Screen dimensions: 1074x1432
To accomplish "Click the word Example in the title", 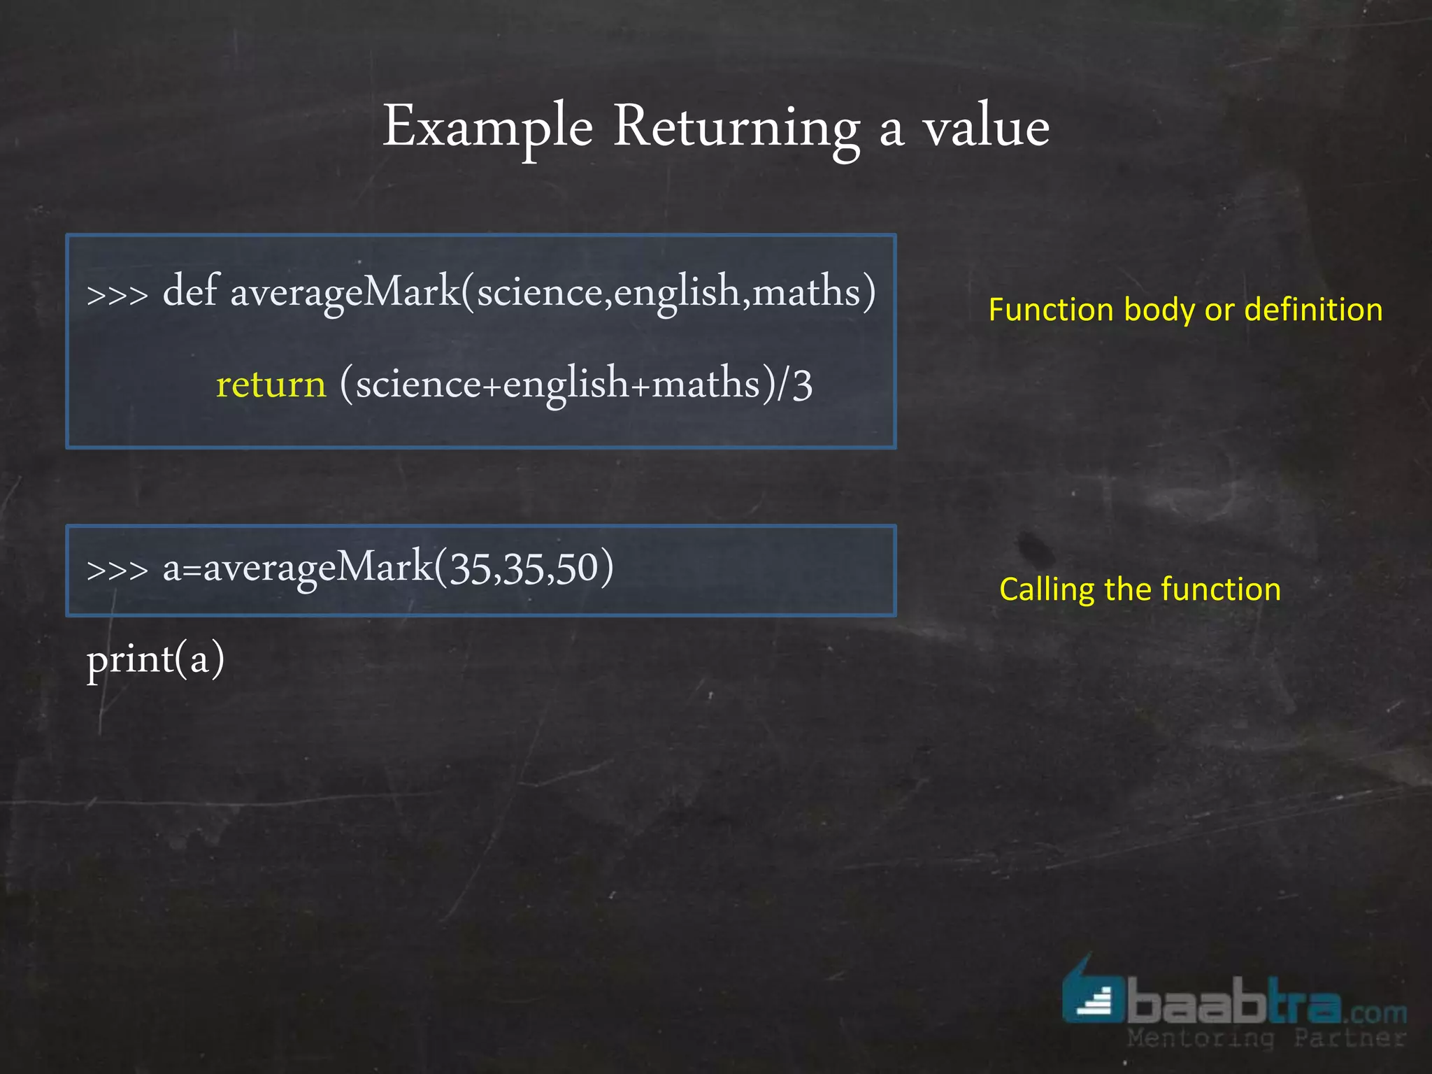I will (487, 127).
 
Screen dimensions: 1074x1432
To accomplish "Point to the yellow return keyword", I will (271, 384).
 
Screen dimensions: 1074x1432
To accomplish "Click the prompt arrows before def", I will (117, 294).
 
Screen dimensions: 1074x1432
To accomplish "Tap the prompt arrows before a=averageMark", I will (117, 570).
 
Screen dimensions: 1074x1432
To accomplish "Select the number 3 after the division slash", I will (802, 385).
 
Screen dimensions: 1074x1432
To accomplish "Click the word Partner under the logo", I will (1349, 1038).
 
